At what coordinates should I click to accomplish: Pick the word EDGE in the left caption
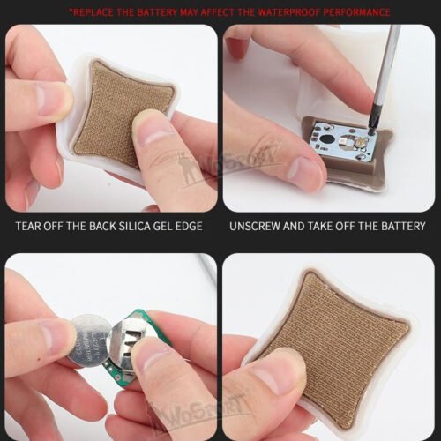pos(187,227)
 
